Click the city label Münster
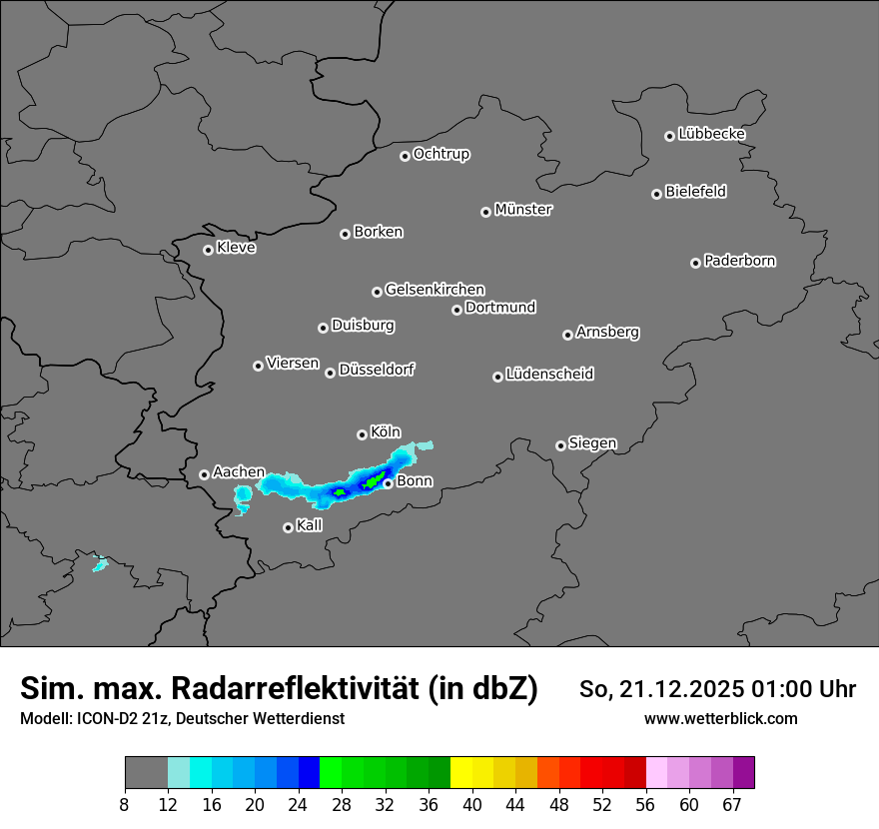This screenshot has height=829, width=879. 523,210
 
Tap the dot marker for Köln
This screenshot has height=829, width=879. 362,434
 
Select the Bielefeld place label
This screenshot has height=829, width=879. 695,192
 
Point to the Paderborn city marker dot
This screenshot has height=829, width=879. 695,263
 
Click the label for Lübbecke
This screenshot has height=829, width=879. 711,134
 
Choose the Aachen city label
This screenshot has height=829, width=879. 239,472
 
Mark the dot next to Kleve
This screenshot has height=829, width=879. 208,250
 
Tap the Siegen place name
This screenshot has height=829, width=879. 592,443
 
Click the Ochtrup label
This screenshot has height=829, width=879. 441,154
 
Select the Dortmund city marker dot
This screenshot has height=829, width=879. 456,310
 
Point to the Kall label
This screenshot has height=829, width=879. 310,525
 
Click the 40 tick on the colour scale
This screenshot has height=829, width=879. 471,805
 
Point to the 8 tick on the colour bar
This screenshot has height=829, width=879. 125,805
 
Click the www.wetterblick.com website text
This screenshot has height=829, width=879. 720,718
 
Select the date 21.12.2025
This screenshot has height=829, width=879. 676,689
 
